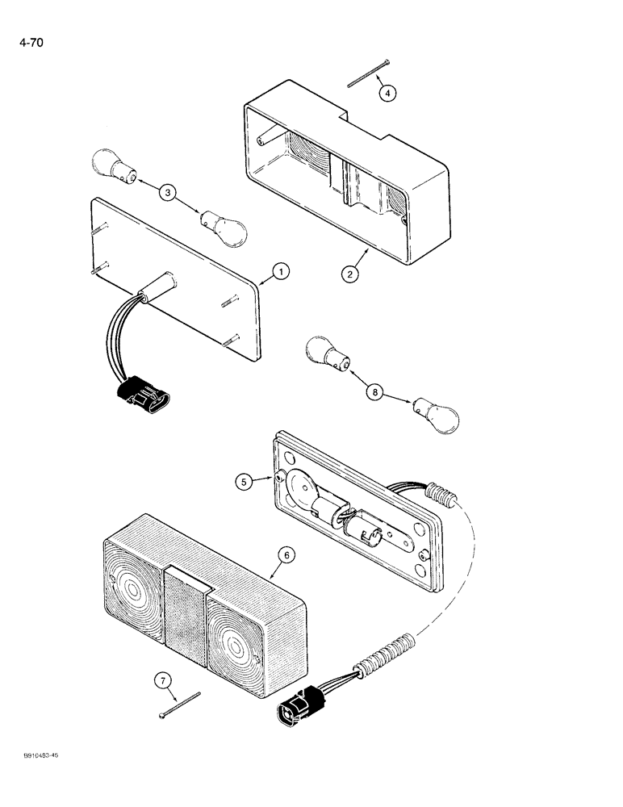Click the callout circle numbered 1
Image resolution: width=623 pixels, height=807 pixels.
278,274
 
